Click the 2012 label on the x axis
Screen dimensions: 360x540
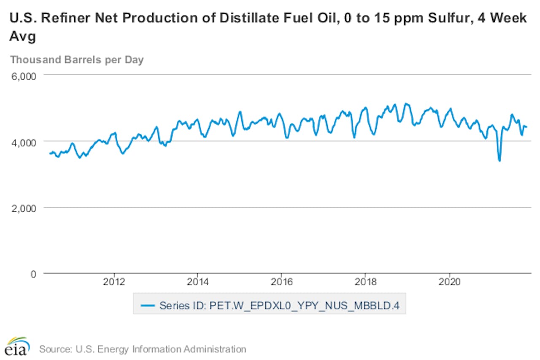[x=114, y=282]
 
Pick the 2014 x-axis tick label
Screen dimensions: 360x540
[x=198, y=282]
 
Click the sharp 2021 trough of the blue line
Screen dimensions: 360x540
[x=499, y=160]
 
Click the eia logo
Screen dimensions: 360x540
[x=17, y=347]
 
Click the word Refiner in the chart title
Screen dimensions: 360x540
[x=59, y=19]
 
